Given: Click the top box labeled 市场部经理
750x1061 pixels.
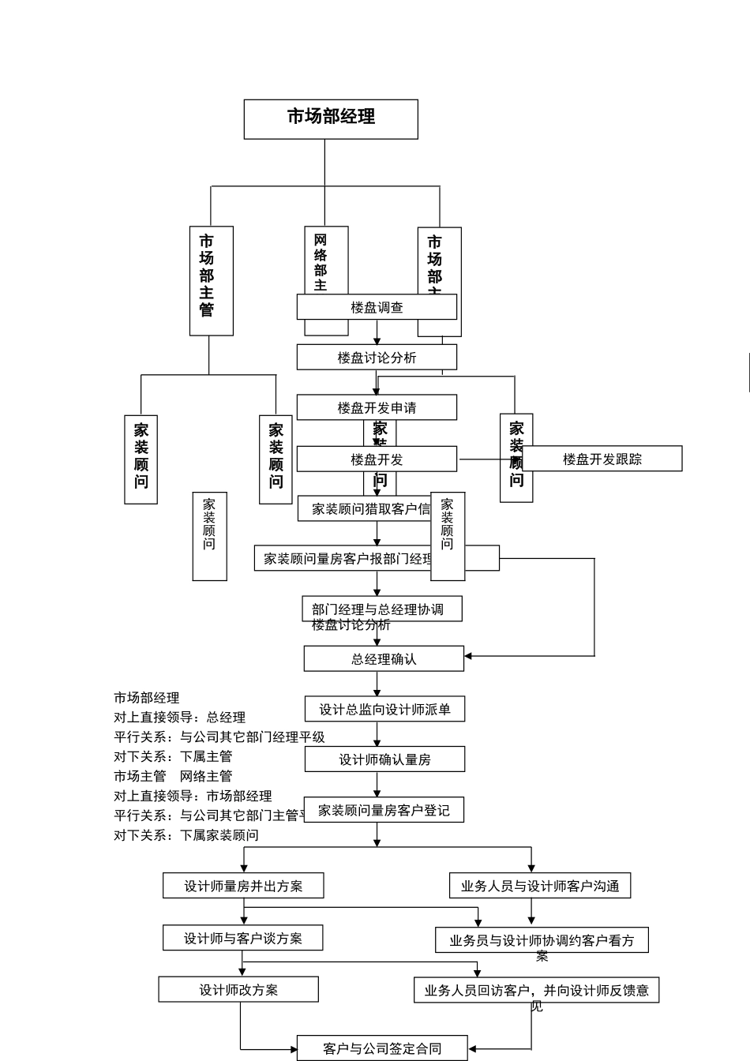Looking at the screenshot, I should coord(331,118).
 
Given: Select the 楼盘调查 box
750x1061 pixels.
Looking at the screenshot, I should coord(377,307).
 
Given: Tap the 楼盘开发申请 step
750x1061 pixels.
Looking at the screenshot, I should coord(377,407).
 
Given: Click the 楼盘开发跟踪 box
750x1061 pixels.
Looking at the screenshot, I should coord(602,459).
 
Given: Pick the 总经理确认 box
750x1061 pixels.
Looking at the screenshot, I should coord(384,658).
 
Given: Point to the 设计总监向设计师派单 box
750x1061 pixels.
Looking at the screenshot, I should coord(384,709).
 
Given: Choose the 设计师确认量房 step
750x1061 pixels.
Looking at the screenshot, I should coord(384,759).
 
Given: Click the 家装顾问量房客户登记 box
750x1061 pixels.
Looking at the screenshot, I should coord(384,810).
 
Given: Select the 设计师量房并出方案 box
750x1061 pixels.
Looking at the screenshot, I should coord(243,886).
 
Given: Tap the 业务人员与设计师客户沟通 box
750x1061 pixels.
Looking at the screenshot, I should coord(540,886).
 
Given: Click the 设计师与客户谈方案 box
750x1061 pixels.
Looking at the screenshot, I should coord(242,938).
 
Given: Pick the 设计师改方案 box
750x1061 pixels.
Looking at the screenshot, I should coord(238,989).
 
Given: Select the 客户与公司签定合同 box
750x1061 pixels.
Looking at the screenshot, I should coord(382,1048).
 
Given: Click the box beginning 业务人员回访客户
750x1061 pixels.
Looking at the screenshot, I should coord(536,991).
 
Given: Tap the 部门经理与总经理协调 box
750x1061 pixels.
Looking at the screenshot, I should coord(382,609).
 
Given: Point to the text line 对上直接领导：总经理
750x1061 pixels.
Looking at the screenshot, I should coord(179,717).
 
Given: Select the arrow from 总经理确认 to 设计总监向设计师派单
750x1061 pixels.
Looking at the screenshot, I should coord(377,684).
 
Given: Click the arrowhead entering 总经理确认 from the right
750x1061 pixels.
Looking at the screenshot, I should coord(468,656).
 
